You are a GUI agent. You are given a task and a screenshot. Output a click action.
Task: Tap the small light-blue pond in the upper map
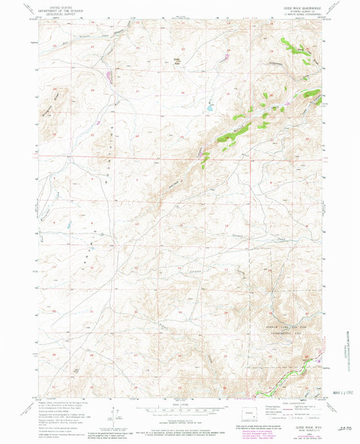click(x=210, y=107)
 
